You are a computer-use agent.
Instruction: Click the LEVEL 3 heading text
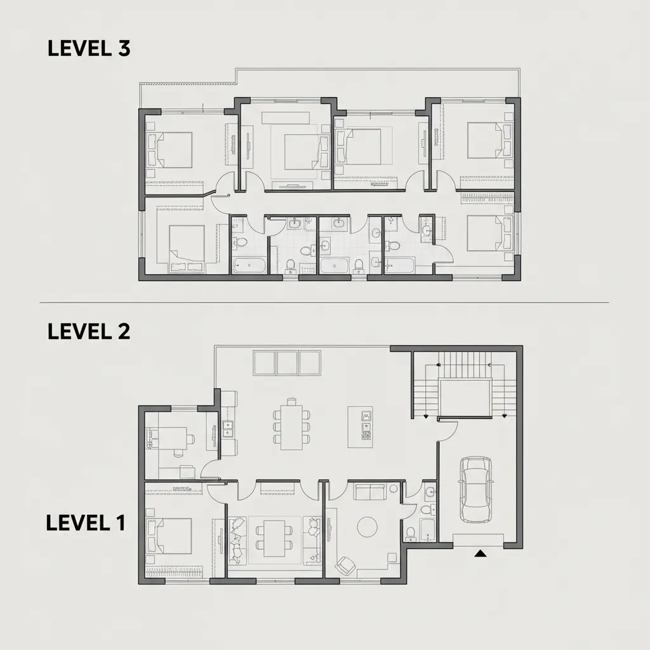pos(89,49)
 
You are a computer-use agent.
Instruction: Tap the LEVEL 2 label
pos(89,331)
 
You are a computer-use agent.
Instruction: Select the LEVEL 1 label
pos(86,522)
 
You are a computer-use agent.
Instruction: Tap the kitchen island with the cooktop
pos(366,427)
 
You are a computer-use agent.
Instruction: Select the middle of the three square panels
pos(287,362)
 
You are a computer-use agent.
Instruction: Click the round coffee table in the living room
pos(369,526)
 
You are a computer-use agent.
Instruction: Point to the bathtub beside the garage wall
pos(428,530)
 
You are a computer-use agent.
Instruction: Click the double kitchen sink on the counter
pos(227,429)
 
